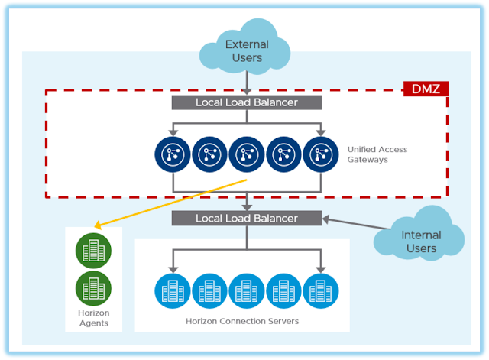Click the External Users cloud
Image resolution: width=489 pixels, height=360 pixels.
click(247, 50)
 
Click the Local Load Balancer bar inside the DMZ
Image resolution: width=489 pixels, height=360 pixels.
click(246, 102)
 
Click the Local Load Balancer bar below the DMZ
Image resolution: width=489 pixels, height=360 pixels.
click(246, 218)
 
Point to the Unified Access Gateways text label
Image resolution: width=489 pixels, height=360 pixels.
click(377, 154)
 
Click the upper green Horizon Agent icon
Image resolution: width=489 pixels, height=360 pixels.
click(94, 251)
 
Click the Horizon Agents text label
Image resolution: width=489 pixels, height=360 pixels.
click(94, 318)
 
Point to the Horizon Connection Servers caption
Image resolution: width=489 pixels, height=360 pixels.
click(242, 322)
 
